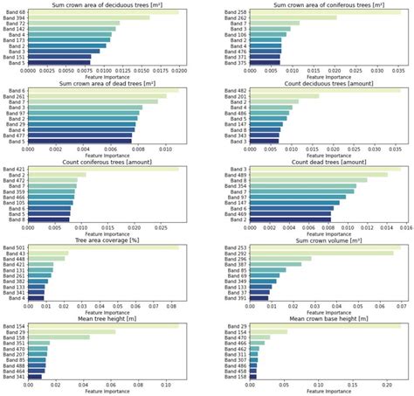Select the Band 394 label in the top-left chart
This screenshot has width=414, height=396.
(14, 17)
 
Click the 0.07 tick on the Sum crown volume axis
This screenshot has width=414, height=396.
(401, 305)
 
